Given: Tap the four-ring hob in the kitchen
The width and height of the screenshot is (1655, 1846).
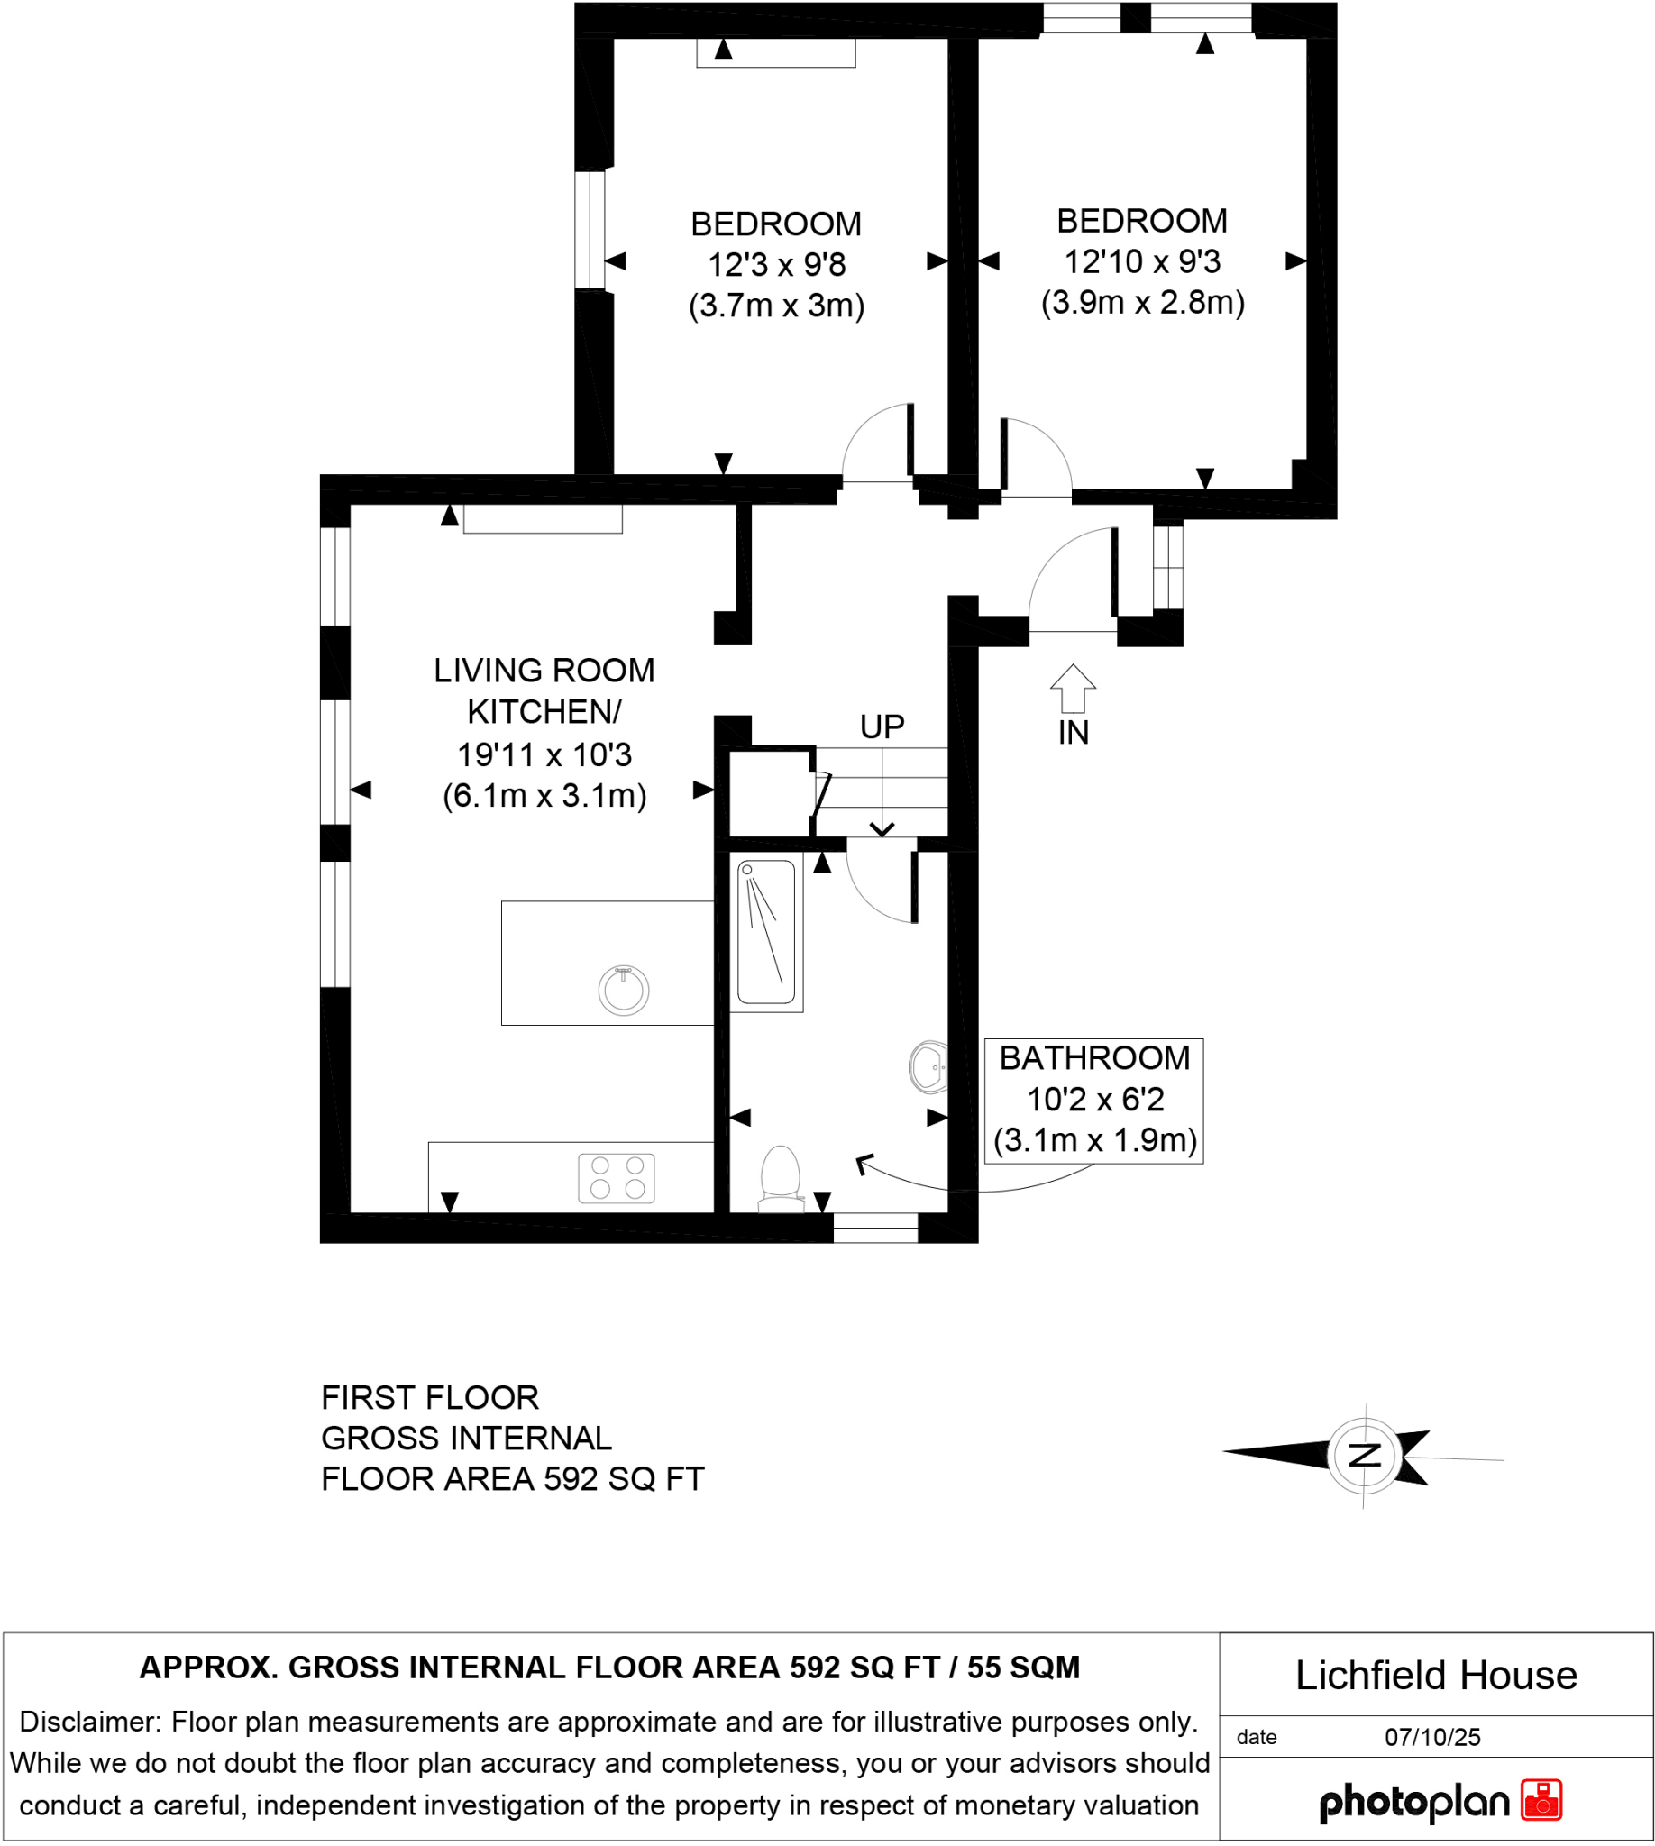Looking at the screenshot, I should click(617, 1177).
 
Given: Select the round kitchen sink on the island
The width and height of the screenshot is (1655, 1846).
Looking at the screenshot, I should click(624, 990).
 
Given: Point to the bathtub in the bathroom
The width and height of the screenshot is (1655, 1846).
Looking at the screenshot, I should click(766, 932).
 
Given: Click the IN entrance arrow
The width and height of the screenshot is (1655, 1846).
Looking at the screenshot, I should click(1073, 689).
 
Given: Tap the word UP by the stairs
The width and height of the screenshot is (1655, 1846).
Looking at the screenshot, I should click(882, 727).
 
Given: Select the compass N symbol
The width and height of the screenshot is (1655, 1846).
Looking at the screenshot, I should click(1364, 1455).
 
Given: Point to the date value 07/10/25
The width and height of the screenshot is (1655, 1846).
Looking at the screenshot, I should click(1432, 1737).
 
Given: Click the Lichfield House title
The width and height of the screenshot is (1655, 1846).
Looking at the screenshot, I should click(1436, 1675).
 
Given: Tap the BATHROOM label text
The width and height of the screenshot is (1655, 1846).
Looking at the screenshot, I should click(1095, 1057).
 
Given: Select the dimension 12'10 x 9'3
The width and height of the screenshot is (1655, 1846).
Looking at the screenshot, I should click(1142, 262).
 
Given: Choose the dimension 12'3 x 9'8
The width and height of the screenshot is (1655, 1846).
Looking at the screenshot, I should click(777, 265).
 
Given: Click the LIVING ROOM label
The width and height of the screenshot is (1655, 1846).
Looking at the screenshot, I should click(544, 671).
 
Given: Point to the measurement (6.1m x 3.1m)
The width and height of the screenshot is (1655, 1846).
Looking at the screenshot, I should click(544, 796).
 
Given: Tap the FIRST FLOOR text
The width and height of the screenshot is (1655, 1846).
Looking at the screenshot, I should click(430, 1397).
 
